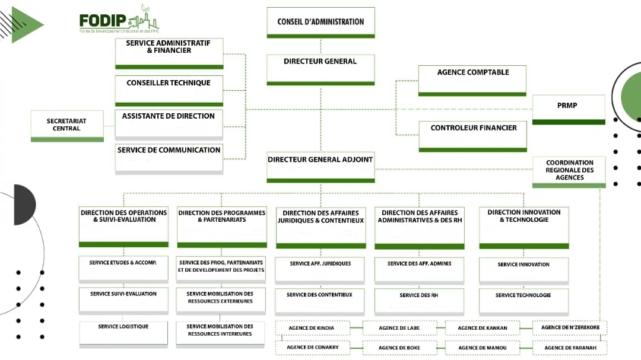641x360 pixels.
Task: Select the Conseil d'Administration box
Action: point(320,23)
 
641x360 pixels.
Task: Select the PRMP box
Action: point(568,109)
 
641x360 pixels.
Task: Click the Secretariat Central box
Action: point(66,125)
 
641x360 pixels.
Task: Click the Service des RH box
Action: point(419,300)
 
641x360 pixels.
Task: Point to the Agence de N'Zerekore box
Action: point(570,328)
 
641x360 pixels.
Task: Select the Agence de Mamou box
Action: point(481,348)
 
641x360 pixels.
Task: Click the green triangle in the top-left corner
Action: point(27,25)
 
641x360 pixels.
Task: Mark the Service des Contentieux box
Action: point(319,300)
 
